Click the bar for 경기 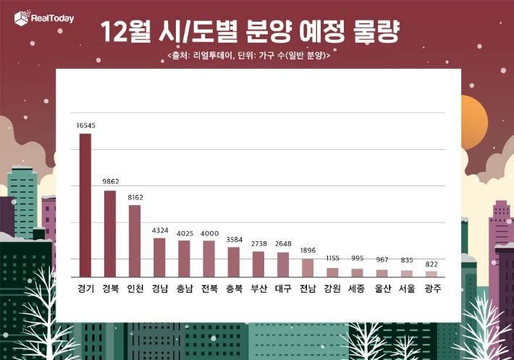[85, 205]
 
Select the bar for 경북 [110, 233]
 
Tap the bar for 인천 [135, 240]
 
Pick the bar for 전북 [208, 259]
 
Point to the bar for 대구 [283, 264]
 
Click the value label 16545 [85, 125]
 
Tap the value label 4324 [159, 230]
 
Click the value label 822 [431, 264]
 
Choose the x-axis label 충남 [184, 288]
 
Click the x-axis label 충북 [233, 288]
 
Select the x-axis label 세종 [357, 288]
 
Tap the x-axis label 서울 [406, 288]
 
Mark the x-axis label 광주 [431, 288]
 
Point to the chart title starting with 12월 [250, 32]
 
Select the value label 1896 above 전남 [308, 251]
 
